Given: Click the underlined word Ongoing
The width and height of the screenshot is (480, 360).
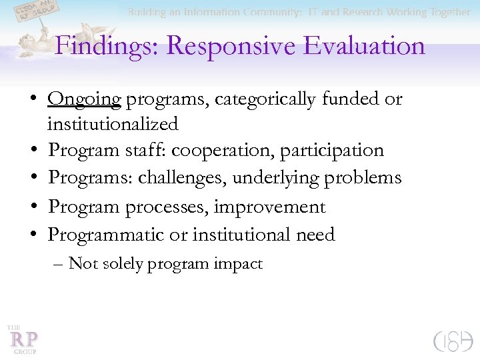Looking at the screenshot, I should pos(84,99).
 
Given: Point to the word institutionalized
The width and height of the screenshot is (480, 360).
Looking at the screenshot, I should pos(113,124).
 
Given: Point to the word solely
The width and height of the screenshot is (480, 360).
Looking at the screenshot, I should pos(120,264).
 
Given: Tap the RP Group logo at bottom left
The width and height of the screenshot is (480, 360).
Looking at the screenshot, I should pos(23,339).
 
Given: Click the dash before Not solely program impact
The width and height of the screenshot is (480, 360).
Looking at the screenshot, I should pos(57,264).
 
